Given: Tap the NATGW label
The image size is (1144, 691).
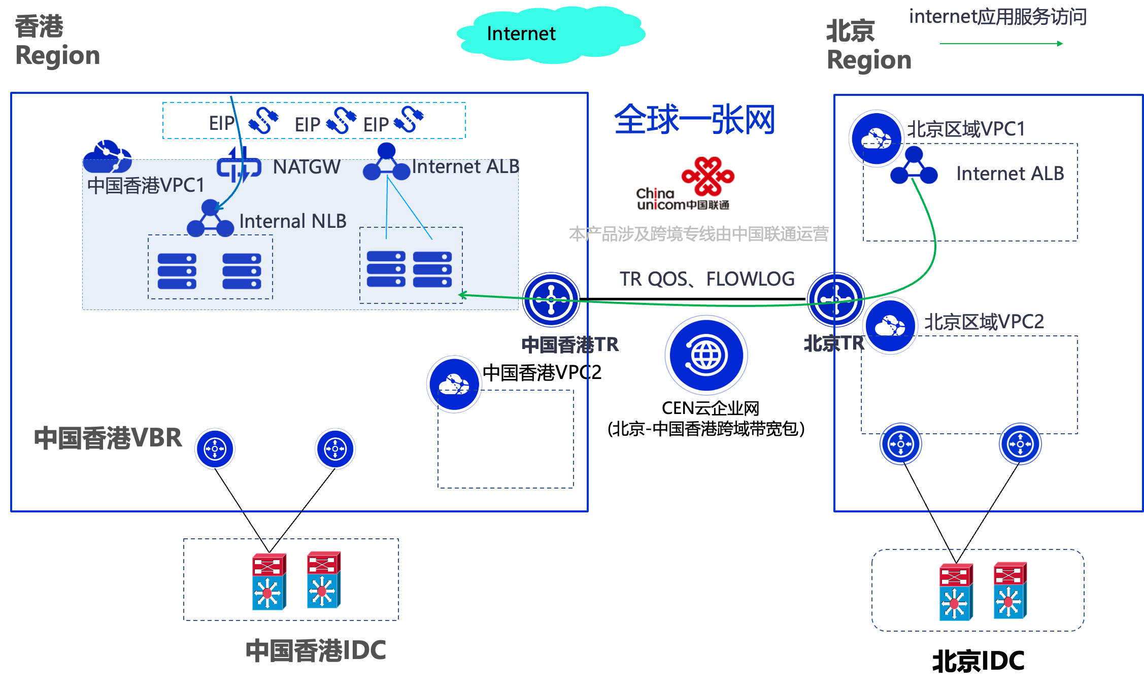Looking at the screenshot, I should coord(307,167).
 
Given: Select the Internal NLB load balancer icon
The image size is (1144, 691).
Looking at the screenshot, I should coord(210,219).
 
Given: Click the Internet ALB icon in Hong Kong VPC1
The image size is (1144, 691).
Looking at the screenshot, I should coord(386,162).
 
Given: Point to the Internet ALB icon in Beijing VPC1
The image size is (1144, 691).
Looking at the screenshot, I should coord(914,166).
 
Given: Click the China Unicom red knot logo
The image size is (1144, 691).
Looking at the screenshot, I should coord(708,176).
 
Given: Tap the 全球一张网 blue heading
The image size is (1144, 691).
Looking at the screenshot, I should coord(694,120).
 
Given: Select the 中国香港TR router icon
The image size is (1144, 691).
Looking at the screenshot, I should coord(551,300).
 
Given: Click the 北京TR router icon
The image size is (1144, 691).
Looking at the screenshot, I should coord(835,300).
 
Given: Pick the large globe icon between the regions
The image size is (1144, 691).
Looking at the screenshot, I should coord(706,355).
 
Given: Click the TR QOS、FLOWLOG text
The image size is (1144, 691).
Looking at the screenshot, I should coord(707,279).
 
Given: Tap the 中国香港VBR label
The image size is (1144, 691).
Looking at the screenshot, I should coord(108,438).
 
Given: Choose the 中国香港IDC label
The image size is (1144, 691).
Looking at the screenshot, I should coord(316,650).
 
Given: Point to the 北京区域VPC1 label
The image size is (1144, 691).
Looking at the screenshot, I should coord(966,129).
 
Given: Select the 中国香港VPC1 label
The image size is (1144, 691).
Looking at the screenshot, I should coord(146,185).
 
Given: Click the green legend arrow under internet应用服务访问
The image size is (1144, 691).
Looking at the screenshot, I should coord(1001,44).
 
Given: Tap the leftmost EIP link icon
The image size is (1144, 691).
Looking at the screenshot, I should coord(263,120).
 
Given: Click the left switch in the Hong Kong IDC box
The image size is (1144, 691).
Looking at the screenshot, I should coord(269,581).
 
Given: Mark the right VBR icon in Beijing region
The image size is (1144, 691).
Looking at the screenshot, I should coord(1020,444).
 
